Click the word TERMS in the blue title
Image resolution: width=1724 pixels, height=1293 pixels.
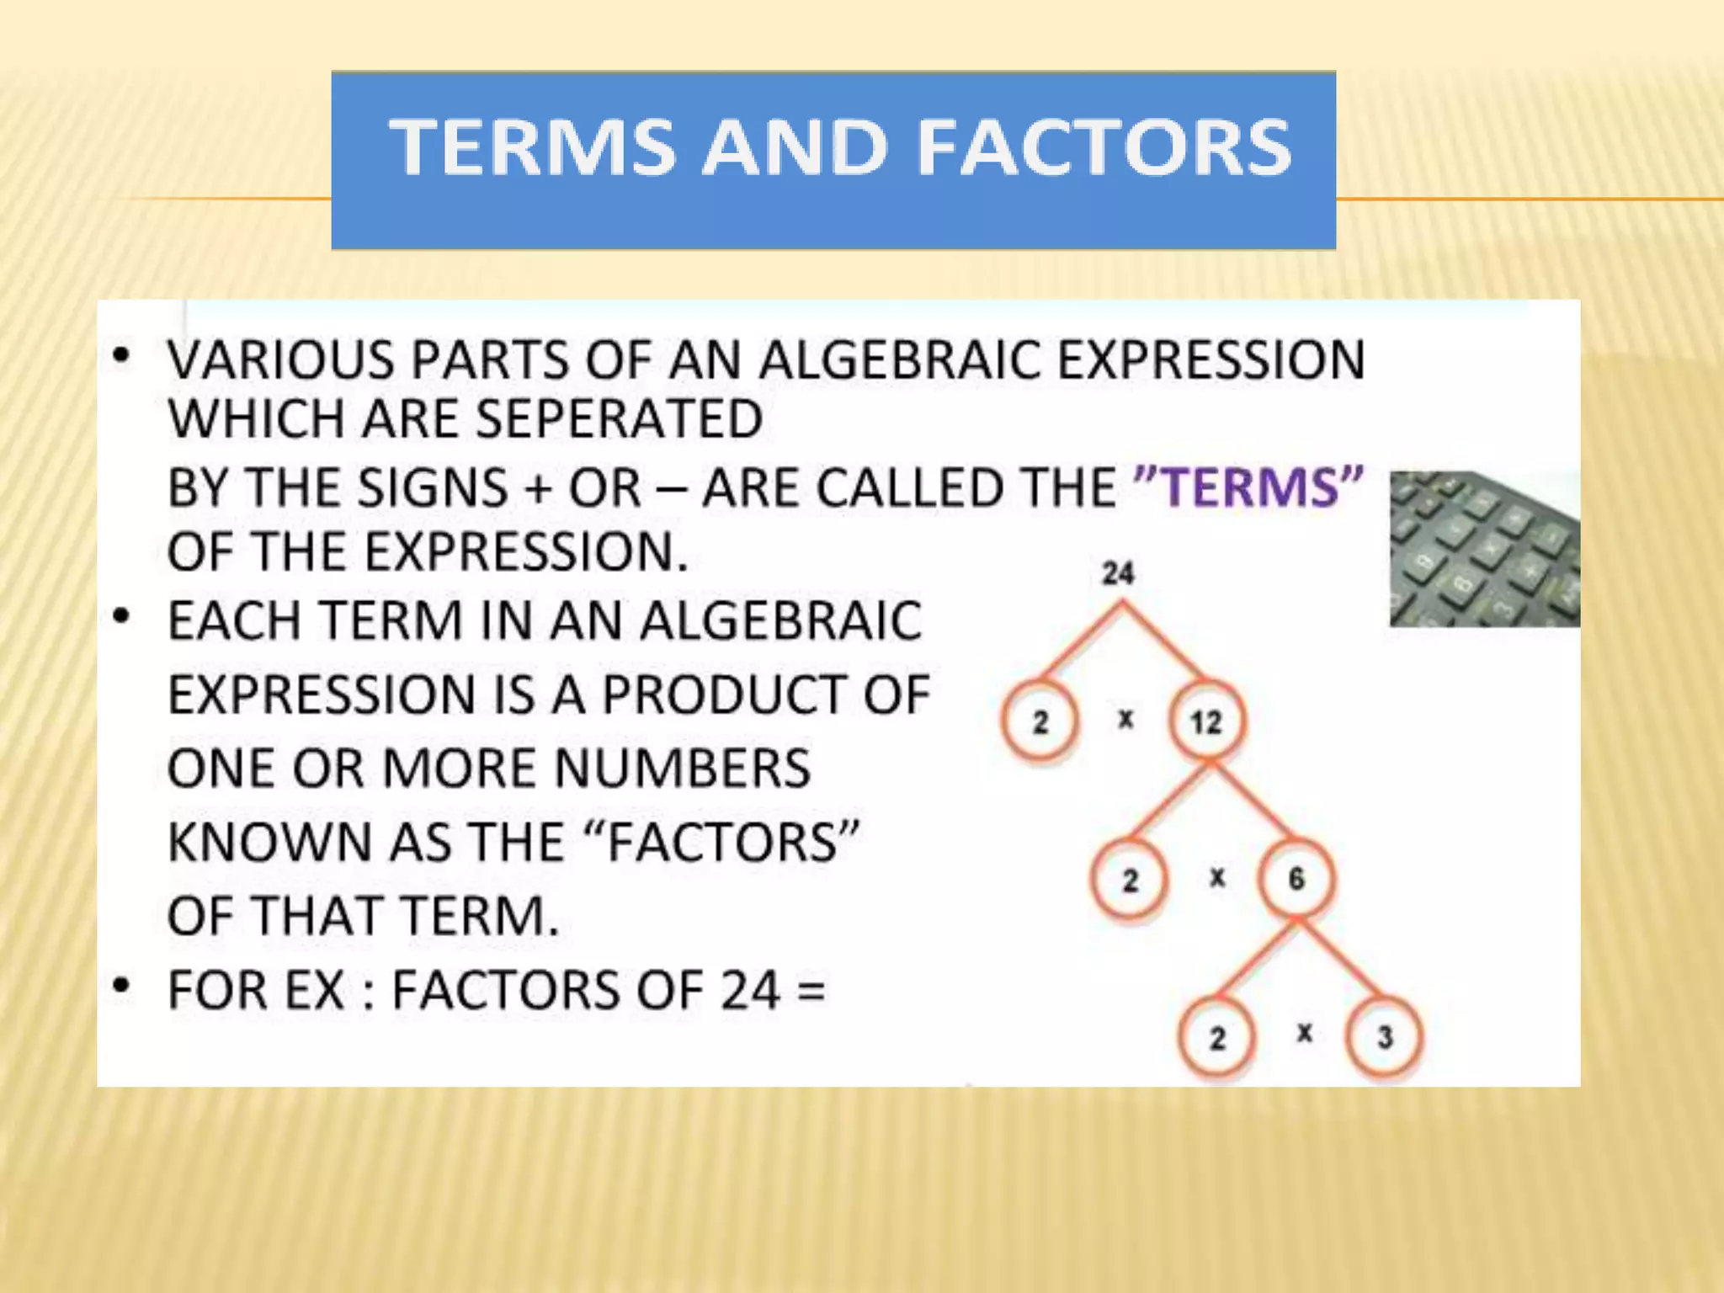tap(532, 148)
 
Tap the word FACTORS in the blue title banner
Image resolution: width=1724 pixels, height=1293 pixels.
tap(1104, 148)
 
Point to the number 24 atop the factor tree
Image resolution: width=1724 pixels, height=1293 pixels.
tap(1119, 574)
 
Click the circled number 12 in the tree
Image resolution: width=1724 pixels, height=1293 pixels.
tap(1205, 722)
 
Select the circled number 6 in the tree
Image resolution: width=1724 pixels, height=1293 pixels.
tap(1296, 880)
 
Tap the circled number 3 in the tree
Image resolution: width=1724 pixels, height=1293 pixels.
tap(1385, 1037)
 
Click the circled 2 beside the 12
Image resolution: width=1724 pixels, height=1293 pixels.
tap(1040, 722)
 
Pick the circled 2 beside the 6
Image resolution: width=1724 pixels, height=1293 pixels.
tap(1130, 881)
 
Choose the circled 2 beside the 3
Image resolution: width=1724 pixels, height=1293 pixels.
tap(1217, 1038)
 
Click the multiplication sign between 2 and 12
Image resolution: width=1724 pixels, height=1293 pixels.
tap(1125, 720)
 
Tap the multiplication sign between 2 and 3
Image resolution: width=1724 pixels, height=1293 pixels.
tap(1304, 1033)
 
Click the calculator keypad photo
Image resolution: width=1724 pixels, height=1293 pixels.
tap(1484, 549)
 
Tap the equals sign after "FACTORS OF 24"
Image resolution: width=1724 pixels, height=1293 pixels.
tap(811, 990)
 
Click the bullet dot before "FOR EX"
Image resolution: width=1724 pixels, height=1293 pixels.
tap(123, 985)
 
